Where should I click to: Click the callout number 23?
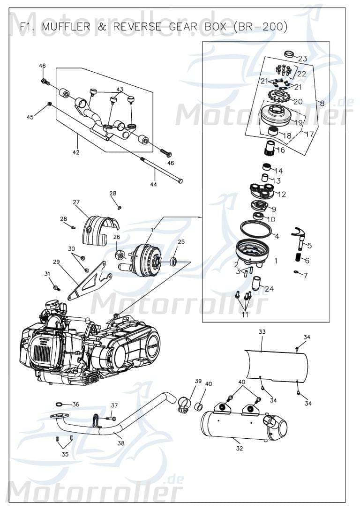point(303,59)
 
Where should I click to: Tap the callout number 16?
point(281,150)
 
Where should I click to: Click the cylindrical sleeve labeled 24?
point(256,284)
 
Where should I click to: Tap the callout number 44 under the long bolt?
point(154,184)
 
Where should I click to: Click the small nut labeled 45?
point(49,104)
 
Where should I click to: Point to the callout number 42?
point(75,152)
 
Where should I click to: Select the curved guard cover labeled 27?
point(101,229)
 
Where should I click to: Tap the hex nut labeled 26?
point(120,255)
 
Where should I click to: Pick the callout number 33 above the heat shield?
point(262,331)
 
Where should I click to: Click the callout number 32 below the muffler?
point(240,448)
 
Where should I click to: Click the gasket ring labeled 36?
point(59,404)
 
